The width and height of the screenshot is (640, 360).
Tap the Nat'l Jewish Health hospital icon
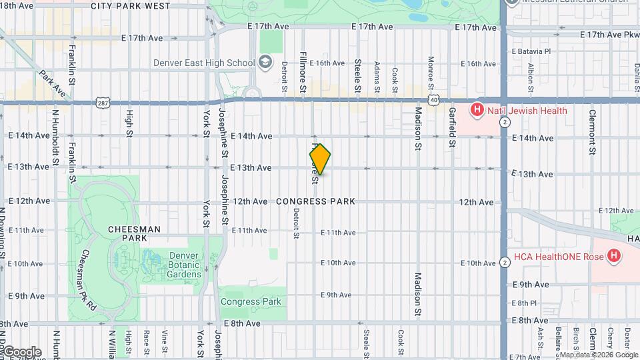click(x=477, y=111)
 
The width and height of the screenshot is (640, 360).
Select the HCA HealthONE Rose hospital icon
click(x=614, y=256)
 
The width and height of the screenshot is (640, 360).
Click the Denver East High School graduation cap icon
click(x=265, y=63)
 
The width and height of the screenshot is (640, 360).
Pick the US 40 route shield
click(x=434, y=100)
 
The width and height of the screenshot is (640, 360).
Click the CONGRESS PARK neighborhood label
click(x=315, y=201)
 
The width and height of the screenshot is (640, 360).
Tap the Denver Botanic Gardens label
click(x=175, y=265)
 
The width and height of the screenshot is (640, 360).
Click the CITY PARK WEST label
click(x=130, y=6)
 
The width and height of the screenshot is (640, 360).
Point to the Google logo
click(x=21, y=351)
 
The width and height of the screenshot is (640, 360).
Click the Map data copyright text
click(x=599, y=355)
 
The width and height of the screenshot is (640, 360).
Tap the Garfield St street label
click(x=452, y=127)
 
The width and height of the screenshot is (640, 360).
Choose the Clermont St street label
click(x=591, y=131)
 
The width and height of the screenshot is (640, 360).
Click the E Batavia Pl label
click(x=531, y=51)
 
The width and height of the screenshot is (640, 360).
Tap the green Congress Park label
click(x=251, y=301)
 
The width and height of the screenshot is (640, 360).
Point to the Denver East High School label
click(x=204, y=63)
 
